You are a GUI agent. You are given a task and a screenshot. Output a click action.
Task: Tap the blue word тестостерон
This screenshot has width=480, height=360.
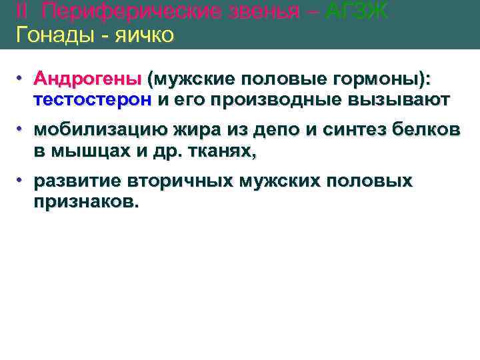[x=93, y=100]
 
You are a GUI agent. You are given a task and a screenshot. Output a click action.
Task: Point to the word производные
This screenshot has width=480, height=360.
[x=276, y=100]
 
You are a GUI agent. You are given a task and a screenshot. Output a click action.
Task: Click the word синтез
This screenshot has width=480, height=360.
[x=357, y=131]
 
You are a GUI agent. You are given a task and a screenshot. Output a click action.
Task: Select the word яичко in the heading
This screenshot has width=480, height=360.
[x=142, y=35]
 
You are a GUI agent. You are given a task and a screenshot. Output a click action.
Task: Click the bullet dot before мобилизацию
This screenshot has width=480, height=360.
[x=22, y=128]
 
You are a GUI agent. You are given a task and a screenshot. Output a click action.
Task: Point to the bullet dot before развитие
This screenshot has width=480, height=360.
[x=22, y=179]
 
